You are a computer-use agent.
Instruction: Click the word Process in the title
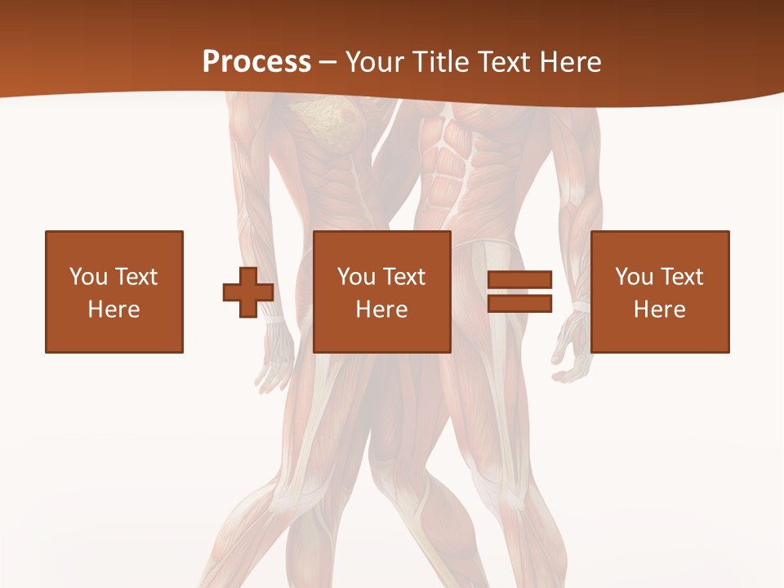(x=256, y=62)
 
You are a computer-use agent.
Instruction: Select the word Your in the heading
(x=373, y=62)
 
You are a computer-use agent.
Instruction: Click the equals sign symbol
(x=519, y=292)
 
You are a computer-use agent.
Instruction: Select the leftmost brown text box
(x=114, y=292)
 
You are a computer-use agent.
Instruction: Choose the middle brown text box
(x=382, y=292)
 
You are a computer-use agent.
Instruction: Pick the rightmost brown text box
(x=660, y=292)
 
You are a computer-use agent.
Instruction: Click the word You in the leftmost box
(x=88, y=277)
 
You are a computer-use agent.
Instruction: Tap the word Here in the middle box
(x=382, y=310)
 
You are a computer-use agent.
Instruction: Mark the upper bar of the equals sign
(x=519, y=280)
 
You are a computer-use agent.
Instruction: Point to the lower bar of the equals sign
(x=519, y=303)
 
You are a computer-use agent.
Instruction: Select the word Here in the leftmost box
(x=114, y=310)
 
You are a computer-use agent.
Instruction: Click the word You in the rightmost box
(x=634, y=277)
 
